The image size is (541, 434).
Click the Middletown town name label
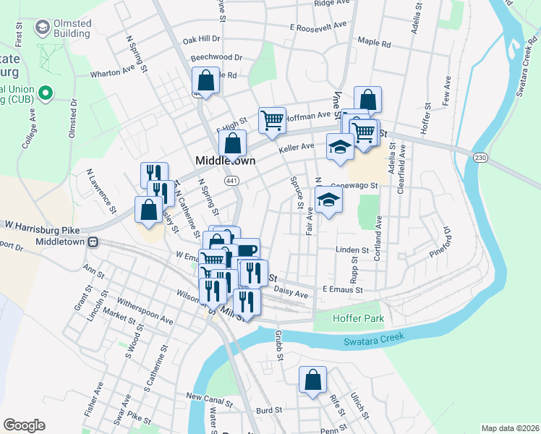[x=225, y=161]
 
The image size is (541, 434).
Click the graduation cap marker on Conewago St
[x=329, y=200]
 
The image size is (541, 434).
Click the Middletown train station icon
[x=93, y=242]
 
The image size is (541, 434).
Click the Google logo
[x=24, y=425]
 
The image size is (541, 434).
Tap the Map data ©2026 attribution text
[x=509, y=428]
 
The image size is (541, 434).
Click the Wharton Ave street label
[x=113, y=73]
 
